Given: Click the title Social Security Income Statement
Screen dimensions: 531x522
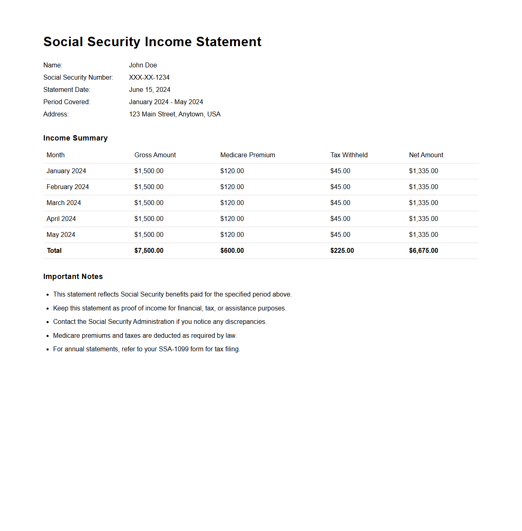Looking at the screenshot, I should click(152, 42).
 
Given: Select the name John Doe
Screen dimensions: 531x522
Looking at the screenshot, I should click(143, 65).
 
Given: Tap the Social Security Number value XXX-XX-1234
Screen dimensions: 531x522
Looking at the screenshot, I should click(149, 78).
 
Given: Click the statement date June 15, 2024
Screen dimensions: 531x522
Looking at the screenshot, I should click(149, 90).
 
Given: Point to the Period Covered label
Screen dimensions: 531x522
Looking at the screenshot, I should click(67, 102).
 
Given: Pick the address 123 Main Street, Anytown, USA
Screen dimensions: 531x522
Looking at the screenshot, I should click(175, 114).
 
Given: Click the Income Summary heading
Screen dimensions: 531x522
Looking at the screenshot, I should click(76, 138).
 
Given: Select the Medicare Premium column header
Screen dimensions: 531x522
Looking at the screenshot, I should click(248, 155).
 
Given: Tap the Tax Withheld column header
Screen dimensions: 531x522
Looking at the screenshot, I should click(349, 155).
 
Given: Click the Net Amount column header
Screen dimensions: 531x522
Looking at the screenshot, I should click(426, 155).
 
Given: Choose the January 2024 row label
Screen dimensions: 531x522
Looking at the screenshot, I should click(66, 171).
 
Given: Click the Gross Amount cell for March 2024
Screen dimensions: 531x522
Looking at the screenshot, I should click(149, 203).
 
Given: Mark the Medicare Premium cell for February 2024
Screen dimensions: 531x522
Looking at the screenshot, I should click(232, 187).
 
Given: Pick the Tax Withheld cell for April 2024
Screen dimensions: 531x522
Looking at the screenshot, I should click(340, 219).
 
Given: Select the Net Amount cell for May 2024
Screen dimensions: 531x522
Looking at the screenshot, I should click(424, 235).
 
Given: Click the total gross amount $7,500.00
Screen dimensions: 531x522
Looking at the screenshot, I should click(149, 251).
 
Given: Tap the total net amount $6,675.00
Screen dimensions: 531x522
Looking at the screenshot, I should click(424, 251).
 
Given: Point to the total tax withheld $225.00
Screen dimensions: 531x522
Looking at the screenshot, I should click(342, 251).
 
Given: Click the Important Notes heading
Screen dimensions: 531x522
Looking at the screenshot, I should click(73, 277).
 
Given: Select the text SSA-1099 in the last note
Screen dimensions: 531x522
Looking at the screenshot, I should click(174, 349).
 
